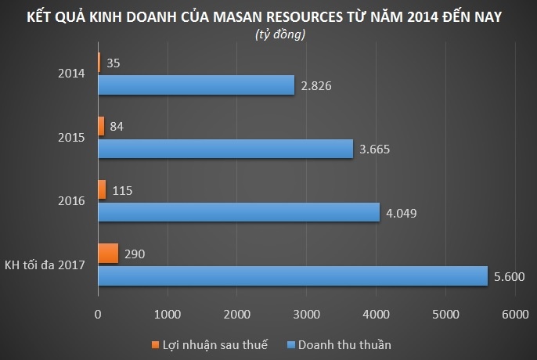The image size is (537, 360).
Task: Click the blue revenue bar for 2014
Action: pyautogui.click(x=196, y=85)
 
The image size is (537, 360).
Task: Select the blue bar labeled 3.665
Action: pyautogui.click(x=225, y=149)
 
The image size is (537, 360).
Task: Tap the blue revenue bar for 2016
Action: pyautogui.click(x=239, y=212)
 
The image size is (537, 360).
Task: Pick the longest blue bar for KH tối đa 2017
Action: pyautogui.click(x=293, y=275)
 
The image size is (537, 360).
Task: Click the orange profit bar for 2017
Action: pyautogui.click(x=108, y=253)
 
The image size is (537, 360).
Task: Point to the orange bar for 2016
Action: pyautogui.click(x=102, y=189)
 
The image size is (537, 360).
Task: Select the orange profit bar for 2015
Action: pyautogui.click(x=101, y=126)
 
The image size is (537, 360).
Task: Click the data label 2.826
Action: pyautogui.click(x=317, y=85)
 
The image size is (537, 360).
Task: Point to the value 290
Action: pyautogui.click(x=135, y=253)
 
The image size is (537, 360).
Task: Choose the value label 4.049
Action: pyautogui.click(x=402, y=212)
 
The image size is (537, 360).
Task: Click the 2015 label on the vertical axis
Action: pyautogui.click(x=72, y=137)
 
